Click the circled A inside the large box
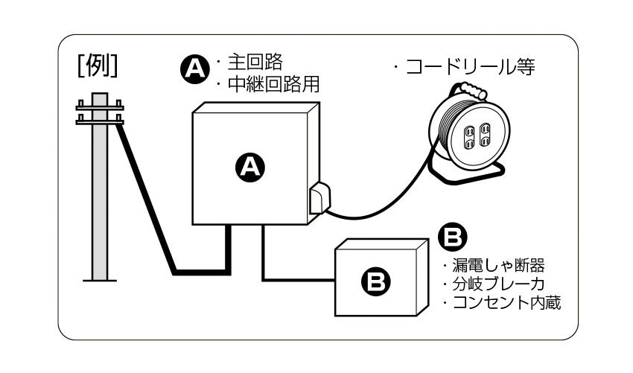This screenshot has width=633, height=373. [x=251, y=169]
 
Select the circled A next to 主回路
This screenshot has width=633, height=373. [x=195, y=69]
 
